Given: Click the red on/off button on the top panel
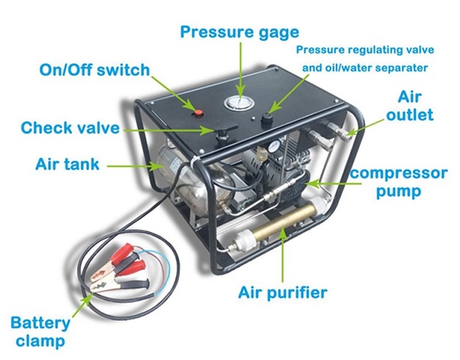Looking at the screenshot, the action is point(199,112).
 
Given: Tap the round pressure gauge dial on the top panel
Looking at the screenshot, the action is point(238,102).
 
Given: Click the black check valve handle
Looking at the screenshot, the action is point(226,129).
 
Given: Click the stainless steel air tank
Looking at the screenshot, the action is point(188,179).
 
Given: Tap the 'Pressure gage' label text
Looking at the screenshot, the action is point(240,32).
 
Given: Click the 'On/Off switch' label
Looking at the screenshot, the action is point(94,70).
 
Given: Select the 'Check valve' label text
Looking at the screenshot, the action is point(70,127).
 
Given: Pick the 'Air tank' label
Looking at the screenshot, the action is point(67,164).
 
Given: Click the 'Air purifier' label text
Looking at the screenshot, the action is point(283,293).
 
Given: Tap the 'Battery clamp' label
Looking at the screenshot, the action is point(40,331).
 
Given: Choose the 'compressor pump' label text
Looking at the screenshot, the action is point(399,182).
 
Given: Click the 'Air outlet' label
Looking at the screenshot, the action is point(410,106).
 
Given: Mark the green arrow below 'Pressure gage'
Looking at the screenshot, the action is point(241,69).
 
